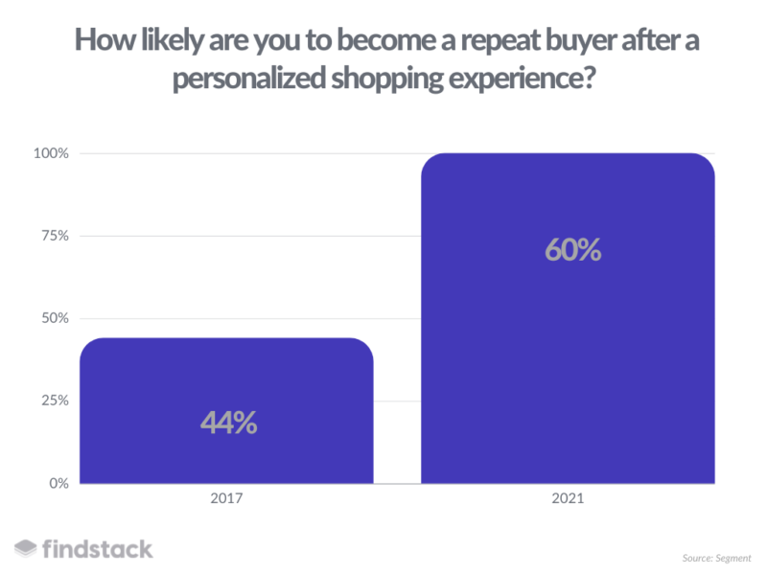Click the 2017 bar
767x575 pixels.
point(226,411)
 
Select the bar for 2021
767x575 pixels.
point(568,318)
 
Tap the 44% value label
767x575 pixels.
point(228,423)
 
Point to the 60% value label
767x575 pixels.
point(572,250)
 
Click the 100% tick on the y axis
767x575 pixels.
point(51,153)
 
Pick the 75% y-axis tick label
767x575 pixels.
point(55,236)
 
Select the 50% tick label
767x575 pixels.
point(55,318)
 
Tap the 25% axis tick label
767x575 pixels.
point(55,401)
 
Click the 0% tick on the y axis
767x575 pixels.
point(58,484)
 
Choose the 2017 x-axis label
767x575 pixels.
point(226,498)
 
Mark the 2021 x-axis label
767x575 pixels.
point(568,498)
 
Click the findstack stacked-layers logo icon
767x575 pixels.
point(26,548)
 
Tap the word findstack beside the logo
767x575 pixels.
point(98,549)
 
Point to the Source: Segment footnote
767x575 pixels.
point(716,558)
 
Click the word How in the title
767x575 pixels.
point(105,40)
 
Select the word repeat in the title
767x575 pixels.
point(500,41)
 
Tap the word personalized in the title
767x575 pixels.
point(249,79)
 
